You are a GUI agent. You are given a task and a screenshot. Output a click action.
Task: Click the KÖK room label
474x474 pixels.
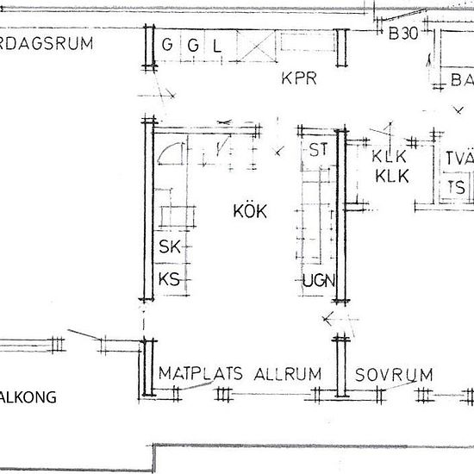pyautogui.click(x=250, y=210)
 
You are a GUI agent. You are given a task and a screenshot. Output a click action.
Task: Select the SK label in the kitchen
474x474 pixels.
pyautogui.click(x=169, y=247)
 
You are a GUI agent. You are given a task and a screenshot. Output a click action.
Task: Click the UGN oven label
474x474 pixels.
pyautogui.click(x=318, y=280)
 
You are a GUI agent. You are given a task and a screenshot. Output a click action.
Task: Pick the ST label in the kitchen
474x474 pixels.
pyautogui.click(x=318, y=150)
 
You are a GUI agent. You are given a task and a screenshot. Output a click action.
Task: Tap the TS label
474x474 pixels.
pyautogui.click(x=456, y=187)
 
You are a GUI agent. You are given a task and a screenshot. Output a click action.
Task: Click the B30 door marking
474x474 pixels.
pyautogui.click(x=402, y=35)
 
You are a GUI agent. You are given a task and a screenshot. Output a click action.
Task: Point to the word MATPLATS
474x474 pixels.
pyautogui.click(x=203, y=374)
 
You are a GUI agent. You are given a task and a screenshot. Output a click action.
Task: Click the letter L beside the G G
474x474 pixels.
pyautogui.click(x=218, y=46)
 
